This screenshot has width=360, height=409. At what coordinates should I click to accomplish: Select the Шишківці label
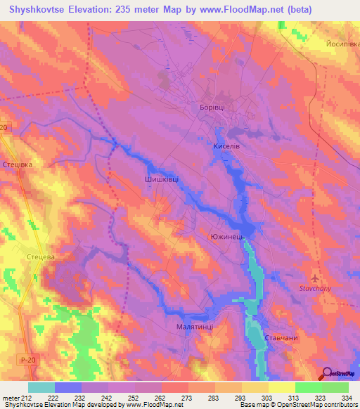(161, 179)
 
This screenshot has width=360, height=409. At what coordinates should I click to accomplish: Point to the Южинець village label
(227, 238)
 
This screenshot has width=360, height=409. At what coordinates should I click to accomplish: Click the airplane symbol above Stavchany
(314, 275)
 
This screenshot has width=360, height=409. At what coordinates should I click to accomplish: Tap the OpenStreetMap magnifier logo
(325, 373)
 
